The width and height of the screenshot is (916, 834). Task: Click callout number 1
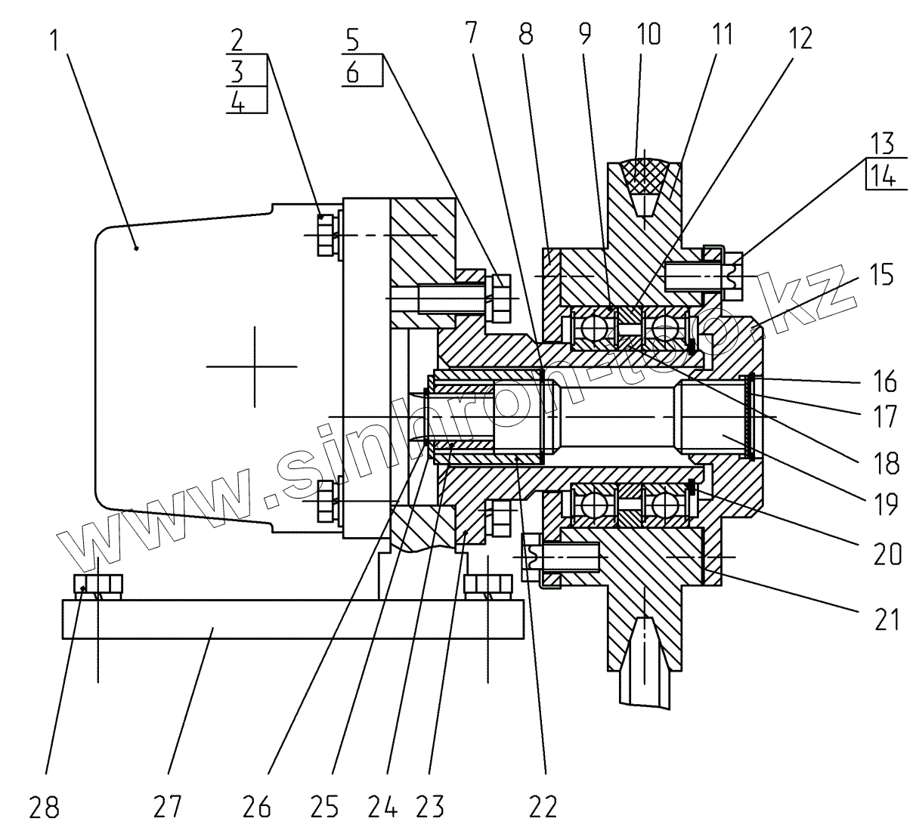[55, 40]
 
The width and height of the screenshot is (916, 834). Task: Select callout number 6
[352, 72]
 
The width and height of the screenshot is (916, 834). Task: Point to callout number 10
[648, 34]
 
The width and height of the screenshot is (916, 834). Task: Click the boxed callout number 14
[882, 176]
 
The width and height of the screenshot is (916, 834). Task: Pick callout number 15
[880, 274]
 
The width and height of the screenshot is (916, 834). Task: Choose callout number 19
[886, 504]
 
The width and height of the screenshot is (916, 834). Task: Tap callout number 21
[887, 619]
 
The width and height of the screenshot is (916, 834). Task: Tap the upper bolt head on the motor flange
[326, 235]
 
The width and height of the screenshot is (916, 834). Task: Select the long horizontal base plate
[292, 619]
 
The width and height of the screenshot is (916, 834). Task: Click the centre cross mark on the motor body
[255, 366]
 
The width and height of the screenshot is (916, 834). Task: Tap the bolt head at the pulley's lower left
[531, 557]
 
